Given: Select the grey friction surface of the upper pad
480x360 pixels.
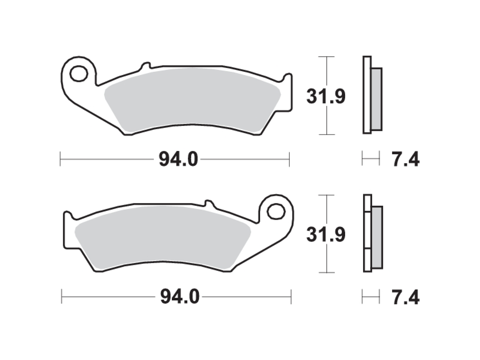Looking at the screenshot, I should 192,99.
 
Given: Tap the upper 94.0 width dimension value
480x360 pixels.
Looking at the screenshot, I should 178,160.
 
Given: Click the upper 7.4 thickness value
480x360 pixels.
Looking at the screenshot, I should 405,160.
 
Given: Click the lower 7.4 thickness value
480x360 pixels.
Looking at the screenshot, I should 405,298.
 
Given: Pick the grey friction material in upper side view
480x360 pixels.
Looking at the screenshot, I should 376,99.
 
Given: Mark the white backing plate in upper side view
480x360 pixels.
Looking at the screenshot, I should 367,95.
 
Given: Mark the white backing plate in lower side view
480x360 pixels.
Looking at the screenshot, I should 368,234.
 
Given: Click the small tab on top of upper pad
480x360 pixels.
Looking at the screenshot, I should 145,66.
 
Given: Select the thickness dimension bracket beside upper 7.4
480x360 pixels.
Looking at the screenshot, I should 371,160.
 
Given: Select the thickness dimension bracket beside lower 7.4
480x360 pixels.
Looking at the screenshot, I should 371,297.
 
